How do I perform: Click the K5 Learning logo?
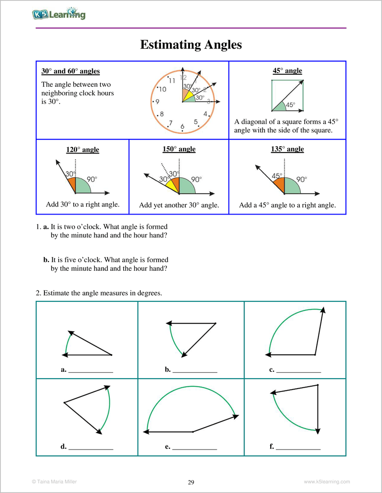point(59,14)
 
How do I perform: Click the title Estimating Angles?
point(191,45)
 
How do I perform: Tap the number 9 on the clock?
point(157,102)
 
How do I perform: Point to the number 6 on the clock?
point(182,126)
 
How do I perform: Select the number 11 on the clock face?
point(172,81)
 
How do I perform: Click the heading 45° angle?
point(287,71)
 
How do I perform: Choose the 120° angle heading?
point(83,150)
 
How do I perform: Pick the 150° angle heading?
point(179,149)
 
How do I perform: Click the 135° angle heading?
point(287,149)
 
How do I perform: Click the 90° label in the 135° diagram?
point(302,180)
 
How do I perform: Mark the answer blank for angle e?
point(194,447)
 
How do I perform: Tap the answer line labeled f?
point(298,447)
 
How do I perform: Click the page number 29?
point(191,483)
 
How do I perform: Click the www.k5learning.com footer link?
point(327,482)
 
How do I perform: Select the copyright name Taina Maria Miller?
point(53,482)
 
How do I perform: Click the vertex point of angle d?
point(64,403)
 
